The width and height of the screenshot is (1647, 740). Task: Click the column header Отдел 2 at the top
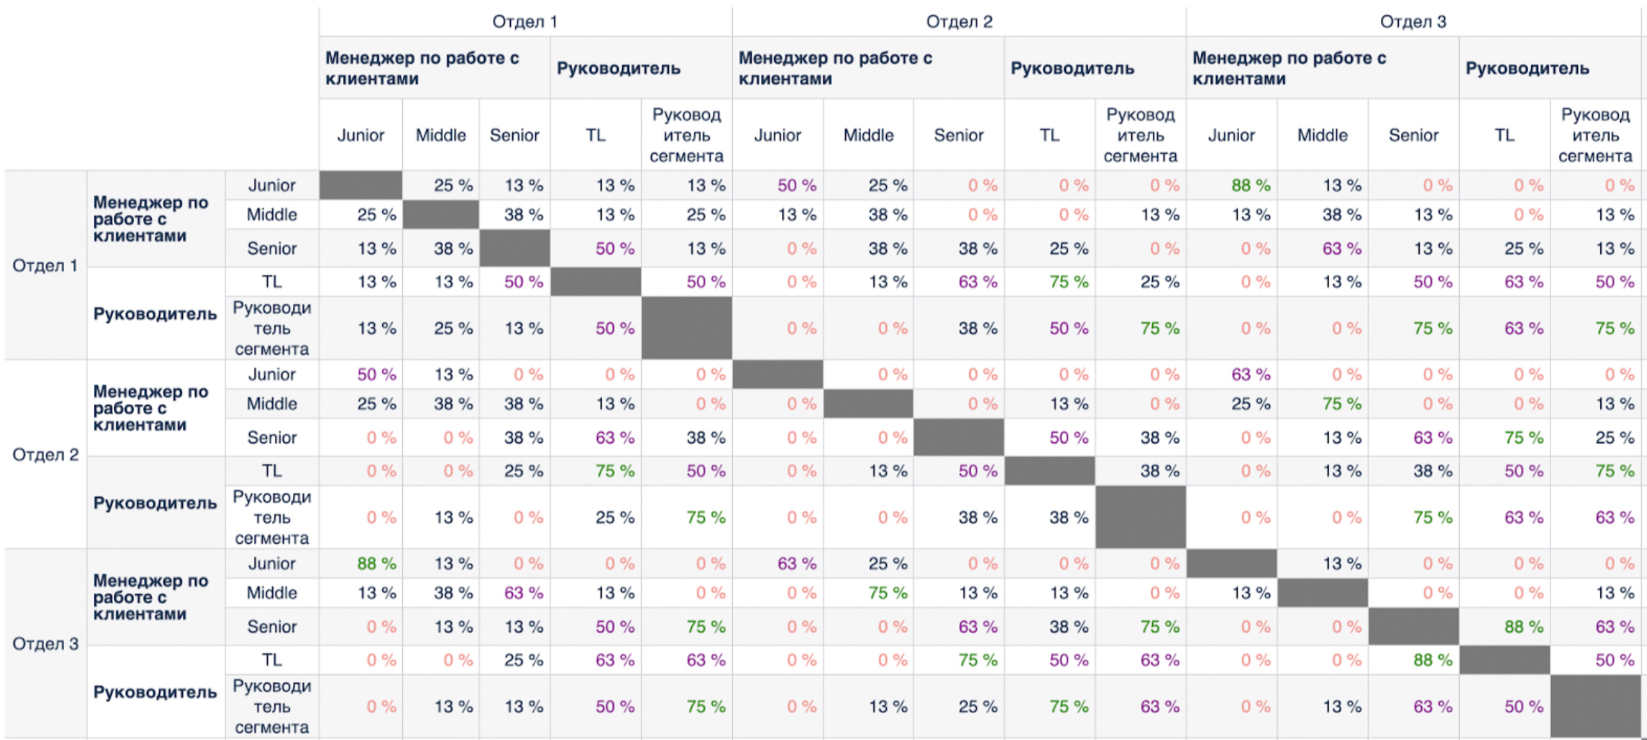pos(959,22)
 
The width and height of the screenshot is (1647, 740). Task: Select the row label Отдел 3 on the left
pos(45,644)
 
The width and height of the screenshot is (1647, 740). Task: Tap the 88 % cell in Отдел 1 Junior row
pos(1251,185)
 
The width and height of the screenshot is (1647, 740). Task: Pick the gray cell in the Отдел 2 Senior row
pos(958,438)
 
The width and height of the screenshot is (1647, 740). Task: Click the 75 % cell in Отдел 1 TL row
pos(1068,282)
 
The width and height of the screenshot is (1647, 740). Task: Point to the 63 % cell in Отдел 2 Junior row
pos(1251,374)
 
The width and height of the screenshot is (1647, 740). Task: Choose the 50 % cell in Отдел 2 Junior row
pos(376,374)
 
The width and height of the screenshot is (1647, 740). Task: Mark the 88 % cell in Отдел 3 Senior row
pos(1524,627)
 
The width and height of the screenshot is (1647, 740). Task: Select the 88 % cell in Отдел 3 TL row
pos(1432,660)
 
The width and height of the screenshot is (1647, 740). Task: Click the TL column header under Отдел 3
pos(1504,135)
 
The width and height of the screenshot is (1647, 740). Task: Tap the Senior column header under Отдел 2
pos(958,135)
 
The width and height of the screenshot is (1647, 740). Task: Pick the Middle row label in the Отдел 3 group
pos(272,593)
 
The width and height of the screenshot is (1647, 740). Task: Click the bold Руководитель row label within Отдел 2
pos(155,503)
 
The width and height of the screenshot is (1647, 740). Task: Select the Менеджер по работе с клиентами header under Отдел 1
pos(422,68)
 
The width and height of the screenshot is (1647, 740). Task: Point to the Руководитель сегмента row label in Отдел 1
pos(272,328)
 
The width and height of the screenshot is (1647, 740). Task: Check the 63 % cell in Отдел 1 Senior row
pos(1341,249)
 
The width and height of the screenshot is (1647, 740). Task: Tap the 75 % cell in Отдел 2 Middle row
pos(1341,404)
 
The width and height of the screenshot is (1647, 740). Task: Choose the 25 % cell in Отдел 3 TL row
pos(523,660)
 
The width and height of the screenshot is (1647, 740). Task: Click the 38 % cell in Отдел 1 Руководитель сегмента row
pos(977,328)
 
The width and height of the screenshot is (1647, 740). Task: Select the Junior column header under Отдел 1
pos(361,135)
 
